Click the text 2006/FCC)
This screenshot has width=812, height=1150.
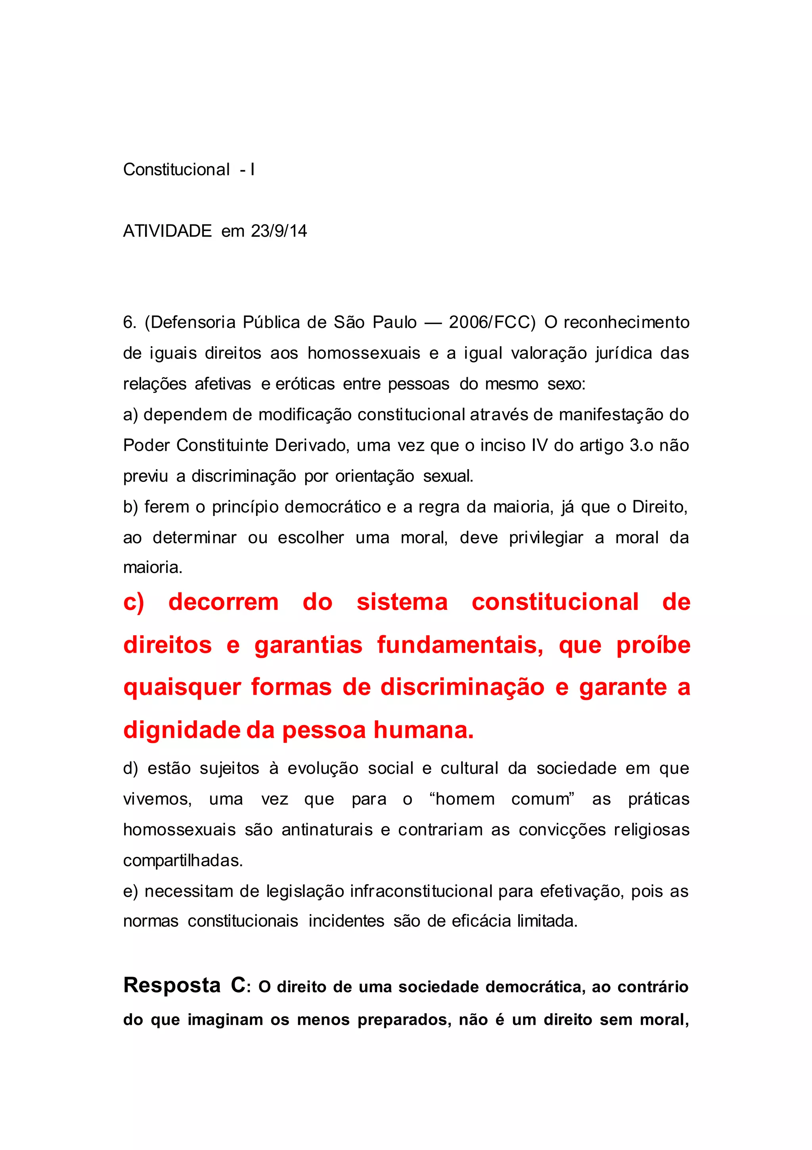click(492, 322)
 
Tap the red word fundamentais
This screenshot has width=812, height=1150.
click(460, 645)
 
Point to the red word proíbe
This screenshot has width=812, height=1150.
click(653, 645)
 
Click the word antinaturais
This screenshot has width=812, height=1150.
click(327, 830)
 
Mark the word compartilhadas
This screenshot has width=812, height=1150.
click(183, 861)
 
